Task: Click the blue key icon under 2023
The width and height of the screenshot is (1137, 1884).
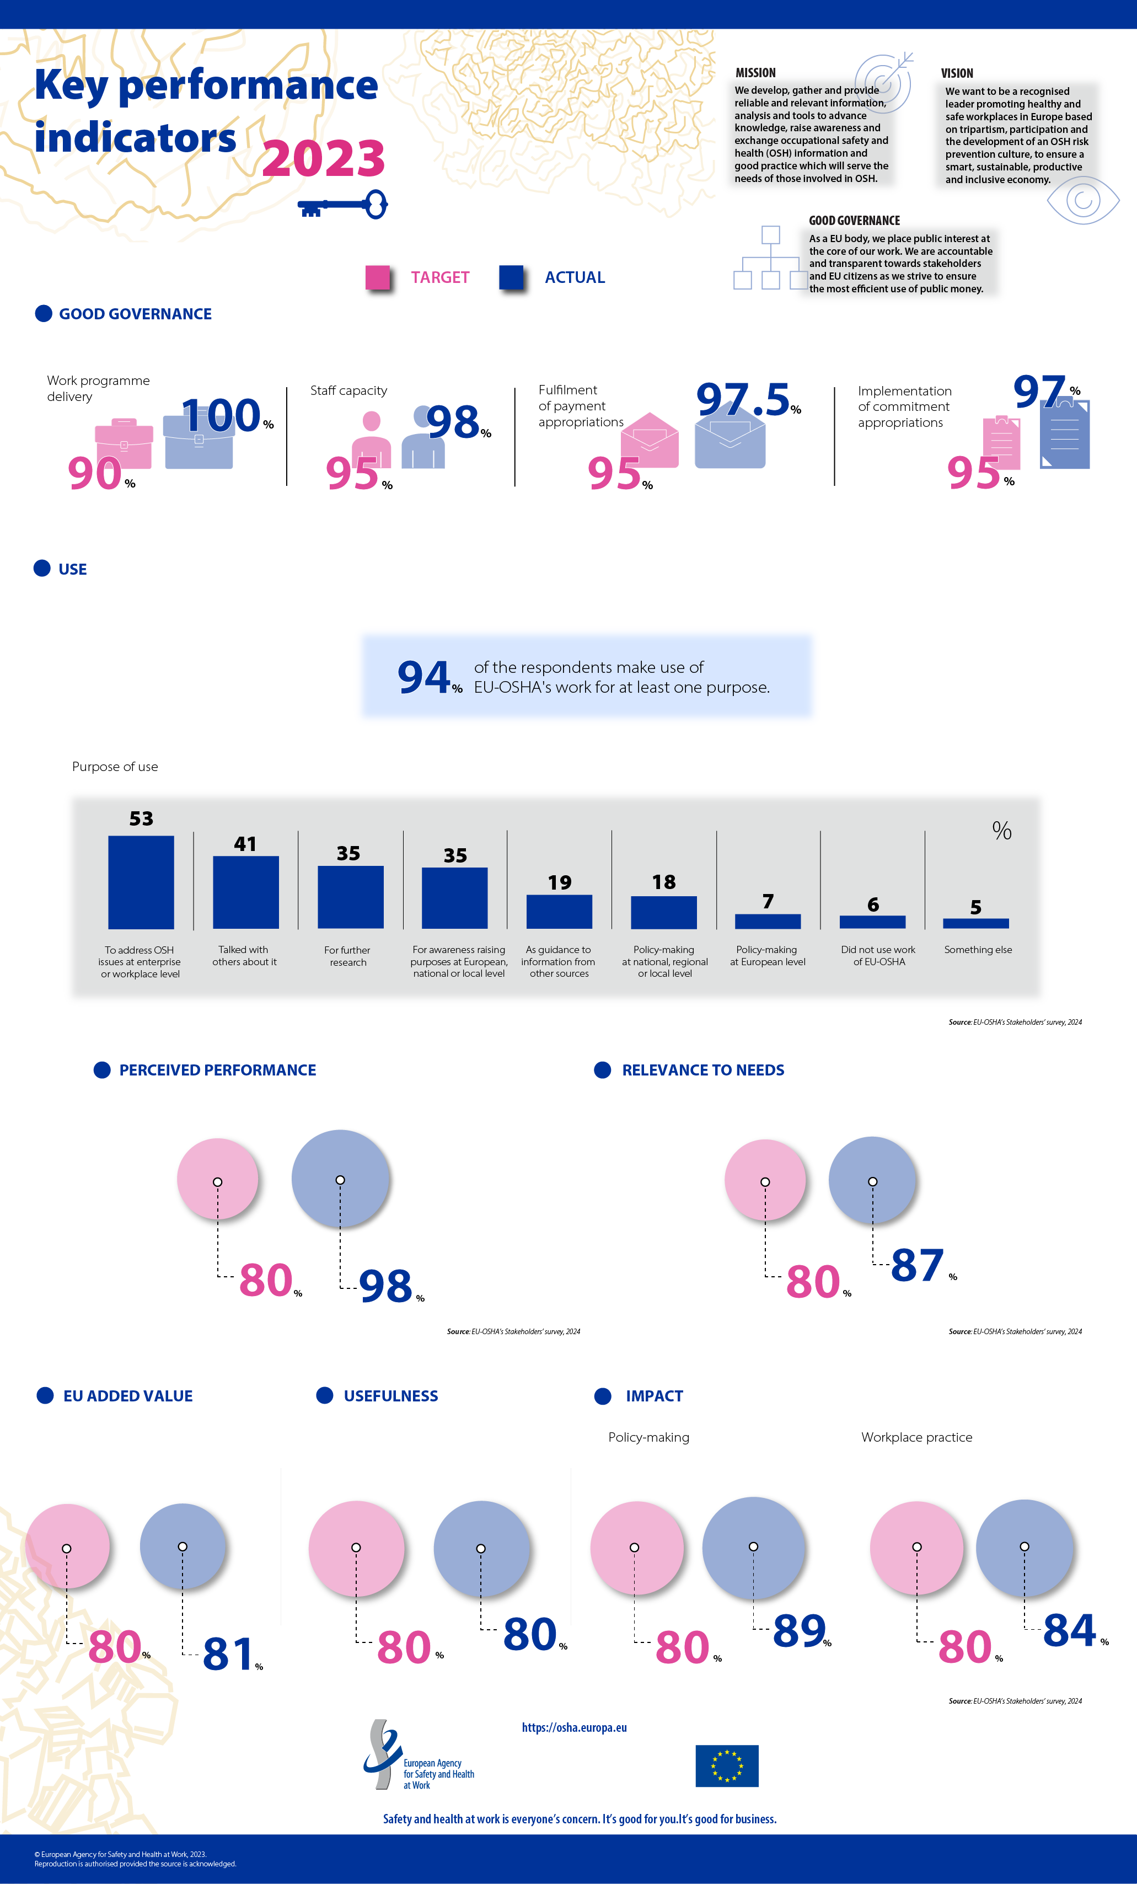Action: point(342,205)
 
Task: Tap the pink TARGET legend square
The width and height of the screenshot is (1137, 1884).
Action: point(377,277)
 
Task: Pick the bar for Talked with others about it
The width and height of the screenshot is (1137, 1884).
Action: point(245,892)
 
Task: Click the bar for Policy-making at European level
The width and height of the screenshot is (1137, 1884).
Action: point(768,922)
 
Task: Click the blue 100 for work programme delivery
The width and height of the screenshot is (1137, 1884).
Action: point(222,415)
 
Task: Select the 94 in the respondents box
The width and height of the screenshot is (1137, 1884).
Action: point(423,677)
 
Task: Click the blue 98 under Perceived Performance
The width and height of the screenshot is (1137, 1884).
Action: point(386,1286)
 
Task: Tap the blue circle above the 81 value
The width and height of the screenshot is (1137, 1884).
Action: point(183,1546)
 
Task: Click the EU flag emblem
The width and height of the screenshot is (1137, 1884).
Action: point(726,1765)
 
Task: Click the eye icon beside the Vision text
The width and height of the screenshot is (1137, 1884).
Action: point(1083,200)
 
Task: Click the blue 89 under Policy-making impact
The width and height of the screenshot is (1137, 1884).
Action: point(799,1630)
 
